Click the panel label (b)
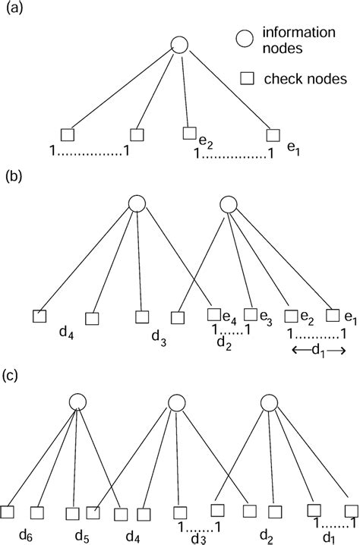[x=14, y=180]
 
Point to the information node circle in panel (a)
[x=179, y=45]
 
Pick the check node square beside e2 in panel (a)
[x=189, y=134]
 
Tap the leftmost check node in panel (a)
[x=67, y=135]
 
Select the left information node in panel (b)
[x=136, y=203]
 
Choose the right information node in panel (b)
[x=228, y=203]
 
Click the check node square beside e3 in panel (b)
[x=249, y=314]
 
